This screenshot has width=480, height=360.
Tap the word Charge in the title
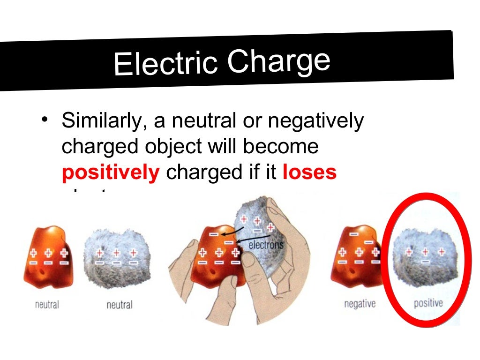pyautogui.click(x=279, y=61)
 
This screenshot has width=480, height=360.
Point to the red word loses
pyautogui.click(x=309, y=172)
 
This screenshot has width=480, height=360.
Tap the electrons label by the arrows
pyautogui.click(x=266, y=244)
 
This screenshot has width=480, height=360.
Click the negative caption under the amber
pyautogui.click(x=360, y=304)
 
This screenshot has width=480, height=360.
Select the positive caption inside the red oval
pyautogui.click(x=428, y=303)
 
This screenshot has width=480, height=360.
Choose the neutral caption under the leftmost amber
pyautogui.click(x=47, y=305)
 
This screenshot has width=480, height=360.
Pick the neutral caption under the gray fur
pyautogui.click(x=120, y=305)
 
